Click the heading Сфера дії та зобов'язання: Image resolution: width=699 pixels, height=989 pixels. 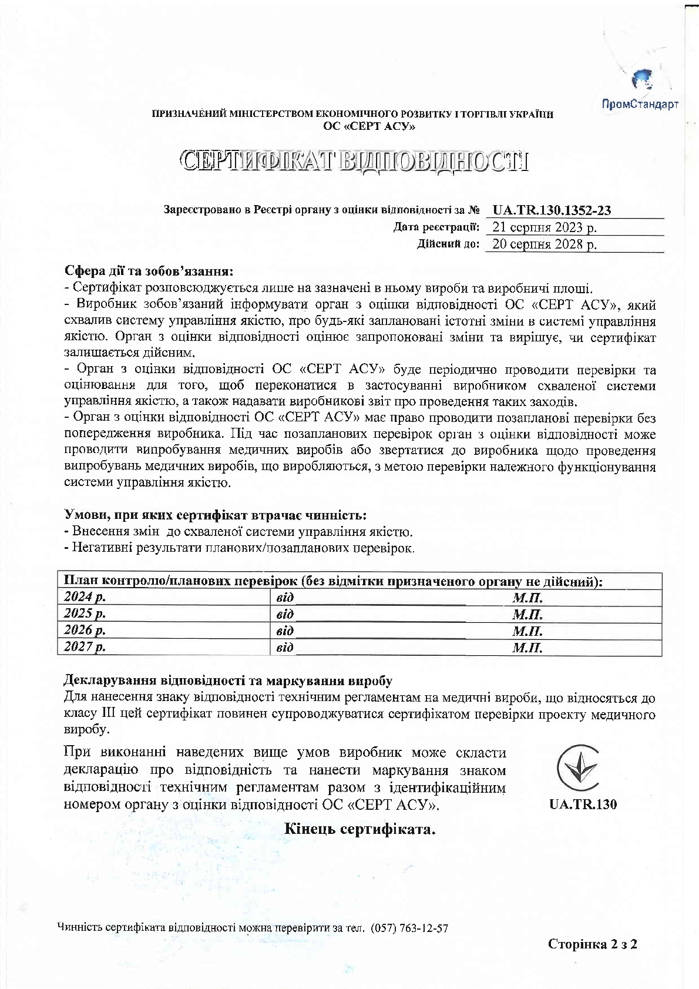(x=149, y=271)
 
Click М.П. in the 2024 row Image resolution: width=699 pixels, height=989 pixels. (x=527, y=598)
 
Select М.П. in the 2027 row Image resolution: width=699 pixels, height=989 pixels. (x=527, y=648)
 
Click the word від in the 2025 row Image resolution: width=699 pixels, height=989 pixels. (x=285, y=615)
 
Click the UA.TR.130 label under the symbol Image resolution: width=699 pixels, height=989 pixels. (x=583, y=804)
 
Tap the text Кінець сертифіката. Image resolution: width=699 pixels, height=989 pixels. (x=359, y=829)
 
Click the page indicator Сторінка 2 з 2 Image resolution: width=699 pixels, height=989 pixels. (x=593, y=944)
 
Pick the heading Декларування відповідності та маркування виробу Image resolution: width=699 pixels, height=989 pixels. (x=227, y=681)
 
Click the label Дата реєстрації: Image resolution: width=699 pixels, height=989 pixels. (x=436, y=227)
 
